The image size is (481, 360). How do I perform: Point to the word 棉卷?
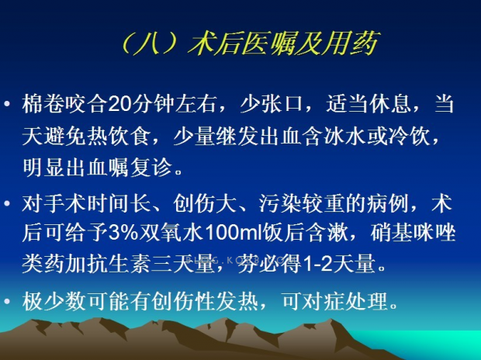click(x=43, y=104)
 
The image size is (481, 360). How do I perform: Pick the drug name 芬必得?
click(x=269, y=263)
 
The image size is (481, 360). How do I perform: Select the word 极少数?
click(x=54, y=301)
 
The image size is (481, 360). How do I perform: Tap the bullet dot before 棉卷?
click(x=7, y=103)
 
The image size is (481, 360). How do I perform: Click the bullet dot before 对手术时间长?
click(x=7, y=203)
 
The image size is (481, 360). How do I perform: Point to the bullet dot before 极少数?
click(x=7, y=301)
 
